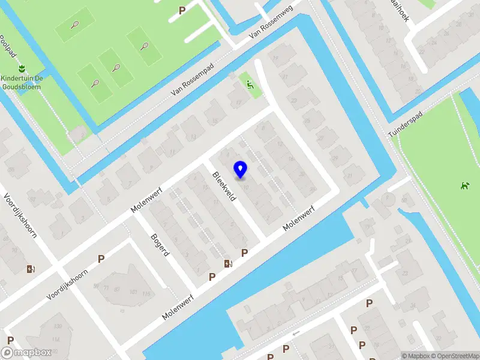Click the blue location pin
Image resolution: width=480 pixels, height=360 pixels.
coord(241,169)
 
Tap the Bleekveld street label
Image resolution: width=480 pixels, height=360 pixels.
coord(224,186)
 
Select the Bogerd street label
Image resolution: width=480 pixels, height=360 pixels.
coord(160,244)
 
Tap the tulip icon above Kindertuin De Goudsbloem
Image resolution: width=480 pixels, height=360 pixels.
coord(22,68)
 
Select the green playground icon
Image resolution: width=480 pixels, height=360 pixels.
coord(250,85)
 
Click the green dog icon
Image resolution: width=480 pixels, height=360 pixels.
coord(463,186)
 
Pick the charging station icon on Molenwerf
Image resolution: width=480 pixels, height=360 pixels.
coord(227,263)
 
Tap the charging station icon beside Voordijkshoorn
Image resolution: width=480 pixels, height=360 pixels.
coord(31,269)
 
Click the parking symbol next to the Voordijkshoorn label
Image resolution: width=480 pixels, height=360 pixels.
coord(101,259)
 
